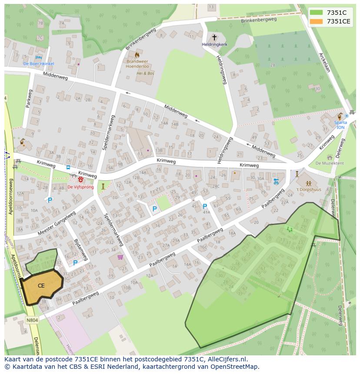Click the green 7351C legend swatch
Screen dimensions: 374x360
pyautogui.click(x=317, y=13)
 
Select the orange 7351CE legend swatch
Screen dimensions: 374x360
pyautogui.click(x=317, y=21)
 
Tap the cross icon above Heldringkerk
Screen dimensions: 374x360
pyautogui.click(x=214, y=38)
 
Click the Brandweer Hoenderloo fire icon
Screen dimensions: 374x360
pyautogui.click(x=137, y=55)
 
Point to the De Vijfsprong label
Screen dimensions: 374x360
pyautogui.click(x=80, y=187)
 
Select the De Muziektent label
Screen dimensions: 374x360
pyautogui.click(x=329, y=163)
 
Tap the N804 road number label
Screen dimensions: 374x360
pyautogui.click(x=32, y=321)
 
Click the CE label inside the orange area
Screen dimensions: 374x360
pyautogui.click(x=41, y=285)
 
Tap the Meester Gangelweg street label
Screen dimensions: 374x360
pyautogui.click(x=57, y=223)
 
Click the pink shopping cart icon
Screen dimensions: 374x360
pyautogui.click(x=120, y=258)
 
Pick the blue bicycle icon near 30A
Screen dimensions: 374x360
pyautogui.click(x=275, y=182)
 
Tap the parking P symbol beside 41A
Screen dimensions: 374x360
pyautogui.click(x=204, y=207)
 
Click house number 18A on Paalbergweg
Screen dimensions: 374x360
pyautogui.click(x=232, y=233)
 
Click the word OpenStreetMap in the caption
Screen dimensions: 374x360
pyautogui.click(x=235, y=367)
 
